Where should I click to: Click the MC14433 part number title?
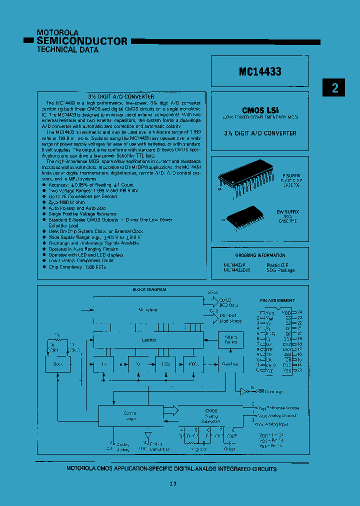click(x=260, y=71)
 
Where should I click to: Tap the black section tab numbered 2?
click(x=335, y=88)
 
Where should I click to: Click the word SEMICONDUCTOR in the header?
click(x=82, y=41)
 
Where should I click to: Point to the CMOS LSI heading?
click(x=260, y=110)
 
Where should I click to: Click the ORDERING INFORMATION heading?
click(x=260, y=255)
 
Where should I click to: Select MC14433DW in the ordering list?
click(x=237, y=270)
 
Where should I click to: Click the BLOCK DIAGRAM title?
click(x=149, y=289)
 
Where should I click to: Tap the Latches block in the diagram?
click(x=148, y=340)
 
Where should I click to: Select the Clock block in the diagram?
click(x=57, y=364)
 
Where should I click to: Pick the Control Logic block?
click(x=130, y=416)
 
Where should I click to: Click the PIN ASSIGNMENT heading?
click(x=277, y=300)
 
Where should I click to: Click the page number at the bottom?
click(x=172, y=483)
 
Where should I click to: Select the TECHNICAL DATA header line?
click(x=67, y=50)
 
